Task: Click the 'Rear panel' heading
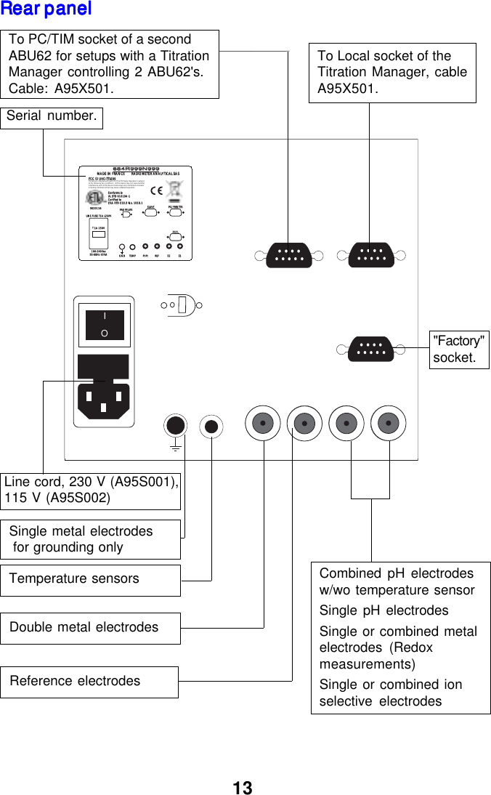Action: (46, 9)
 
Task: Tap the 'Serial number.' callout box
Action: (51, 117)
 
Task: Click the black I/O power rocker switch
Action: (105, 325)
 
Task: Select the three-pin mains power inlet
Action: (103, 397)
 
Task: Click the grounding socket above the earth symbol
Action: (175, 425)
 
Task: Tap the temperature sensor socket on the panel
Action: (211, 426)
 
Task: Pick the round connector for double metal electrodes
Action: (263, 423)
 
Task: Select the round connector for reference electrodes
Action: (305, 423)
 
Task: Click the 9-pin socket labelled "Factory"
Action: (370, 348)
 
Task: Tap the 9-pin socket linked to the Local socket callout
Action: (370, 255)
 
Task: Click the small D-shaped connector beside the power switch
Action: (186, 304)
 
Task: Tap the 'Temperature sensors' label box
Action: (90, 580)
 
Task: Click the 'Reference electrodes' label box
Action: (89, 682)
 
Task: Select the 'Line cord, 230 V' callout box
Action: (91, 491)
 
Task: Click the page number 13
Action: (243, 788)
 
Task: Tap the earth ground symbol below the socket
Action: (175, 445)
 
